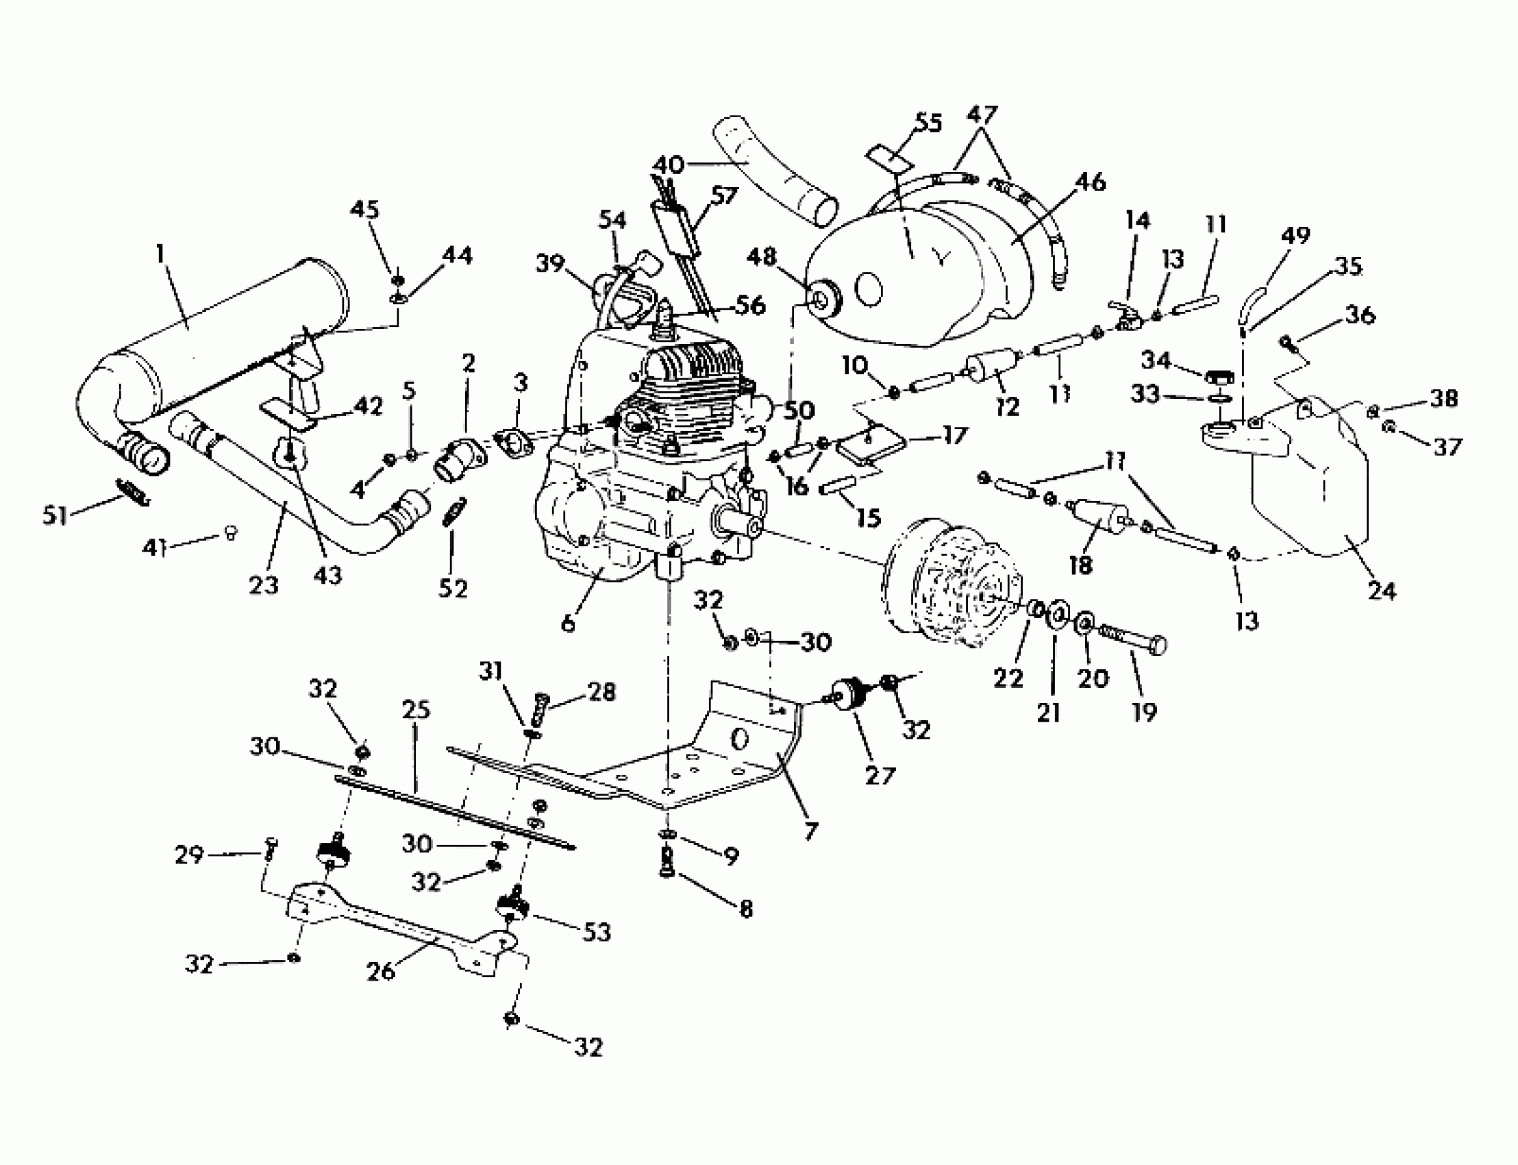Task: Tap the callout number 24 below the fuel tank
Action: tap(1382, 590)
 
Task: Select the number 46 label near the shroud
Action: tap(1091, 182)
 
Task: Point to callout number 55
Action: tap(928, 123)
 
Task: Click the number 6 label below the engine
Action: tap(568, 624)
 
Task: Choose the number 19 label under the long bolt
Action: tap(1144, 711)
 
